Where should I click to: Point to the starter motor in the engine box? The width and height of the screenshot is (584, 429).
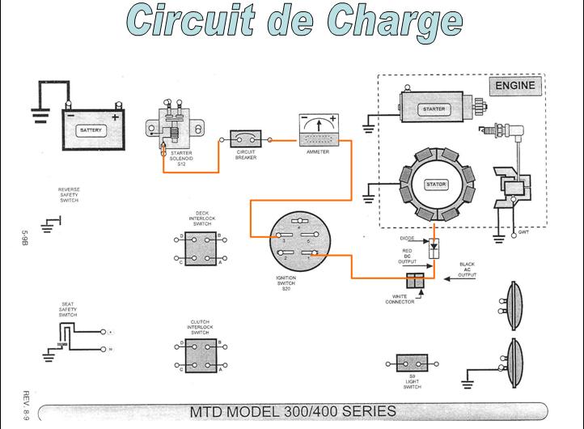coord(434,108)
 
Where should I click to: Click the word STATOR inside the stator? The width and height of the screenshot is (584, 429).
coord(436,185)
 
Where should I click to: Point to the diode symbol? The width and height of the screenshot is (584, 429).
coord(434,244)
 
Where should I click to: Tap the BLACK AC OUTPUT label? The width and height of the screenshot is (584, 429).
coord(467,270)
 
